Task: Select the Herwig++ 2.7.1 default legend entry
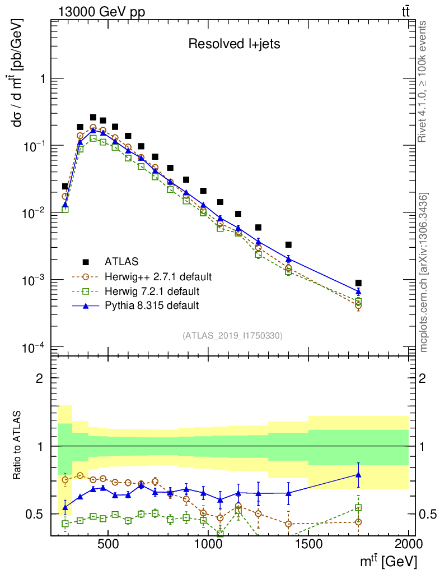click(x=157, y=276)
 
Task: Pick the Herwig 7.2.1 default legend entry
click(x=152, y=291)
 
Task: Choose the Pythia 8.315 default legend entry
click(x=151, y=305)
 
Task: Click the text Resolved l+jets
click(x=233, y=44)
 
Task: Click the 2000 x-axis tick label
click(x=409, y=543)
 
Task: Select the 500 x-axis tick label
click(x=108, y=543)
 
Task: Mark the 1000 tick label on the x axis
click(x=208, y=543)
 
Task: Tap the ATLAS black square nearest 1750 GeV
click(x=358, y=283)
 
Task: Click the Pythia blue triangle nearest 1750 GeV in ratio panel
click(x=358, y=475)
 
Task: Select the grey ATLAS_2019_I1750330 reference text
click(x=232, y=336)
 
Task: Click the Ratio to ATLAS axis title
click(x=18, y=445)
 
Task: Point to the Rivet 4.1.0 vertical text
click(x=425, y=81)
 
